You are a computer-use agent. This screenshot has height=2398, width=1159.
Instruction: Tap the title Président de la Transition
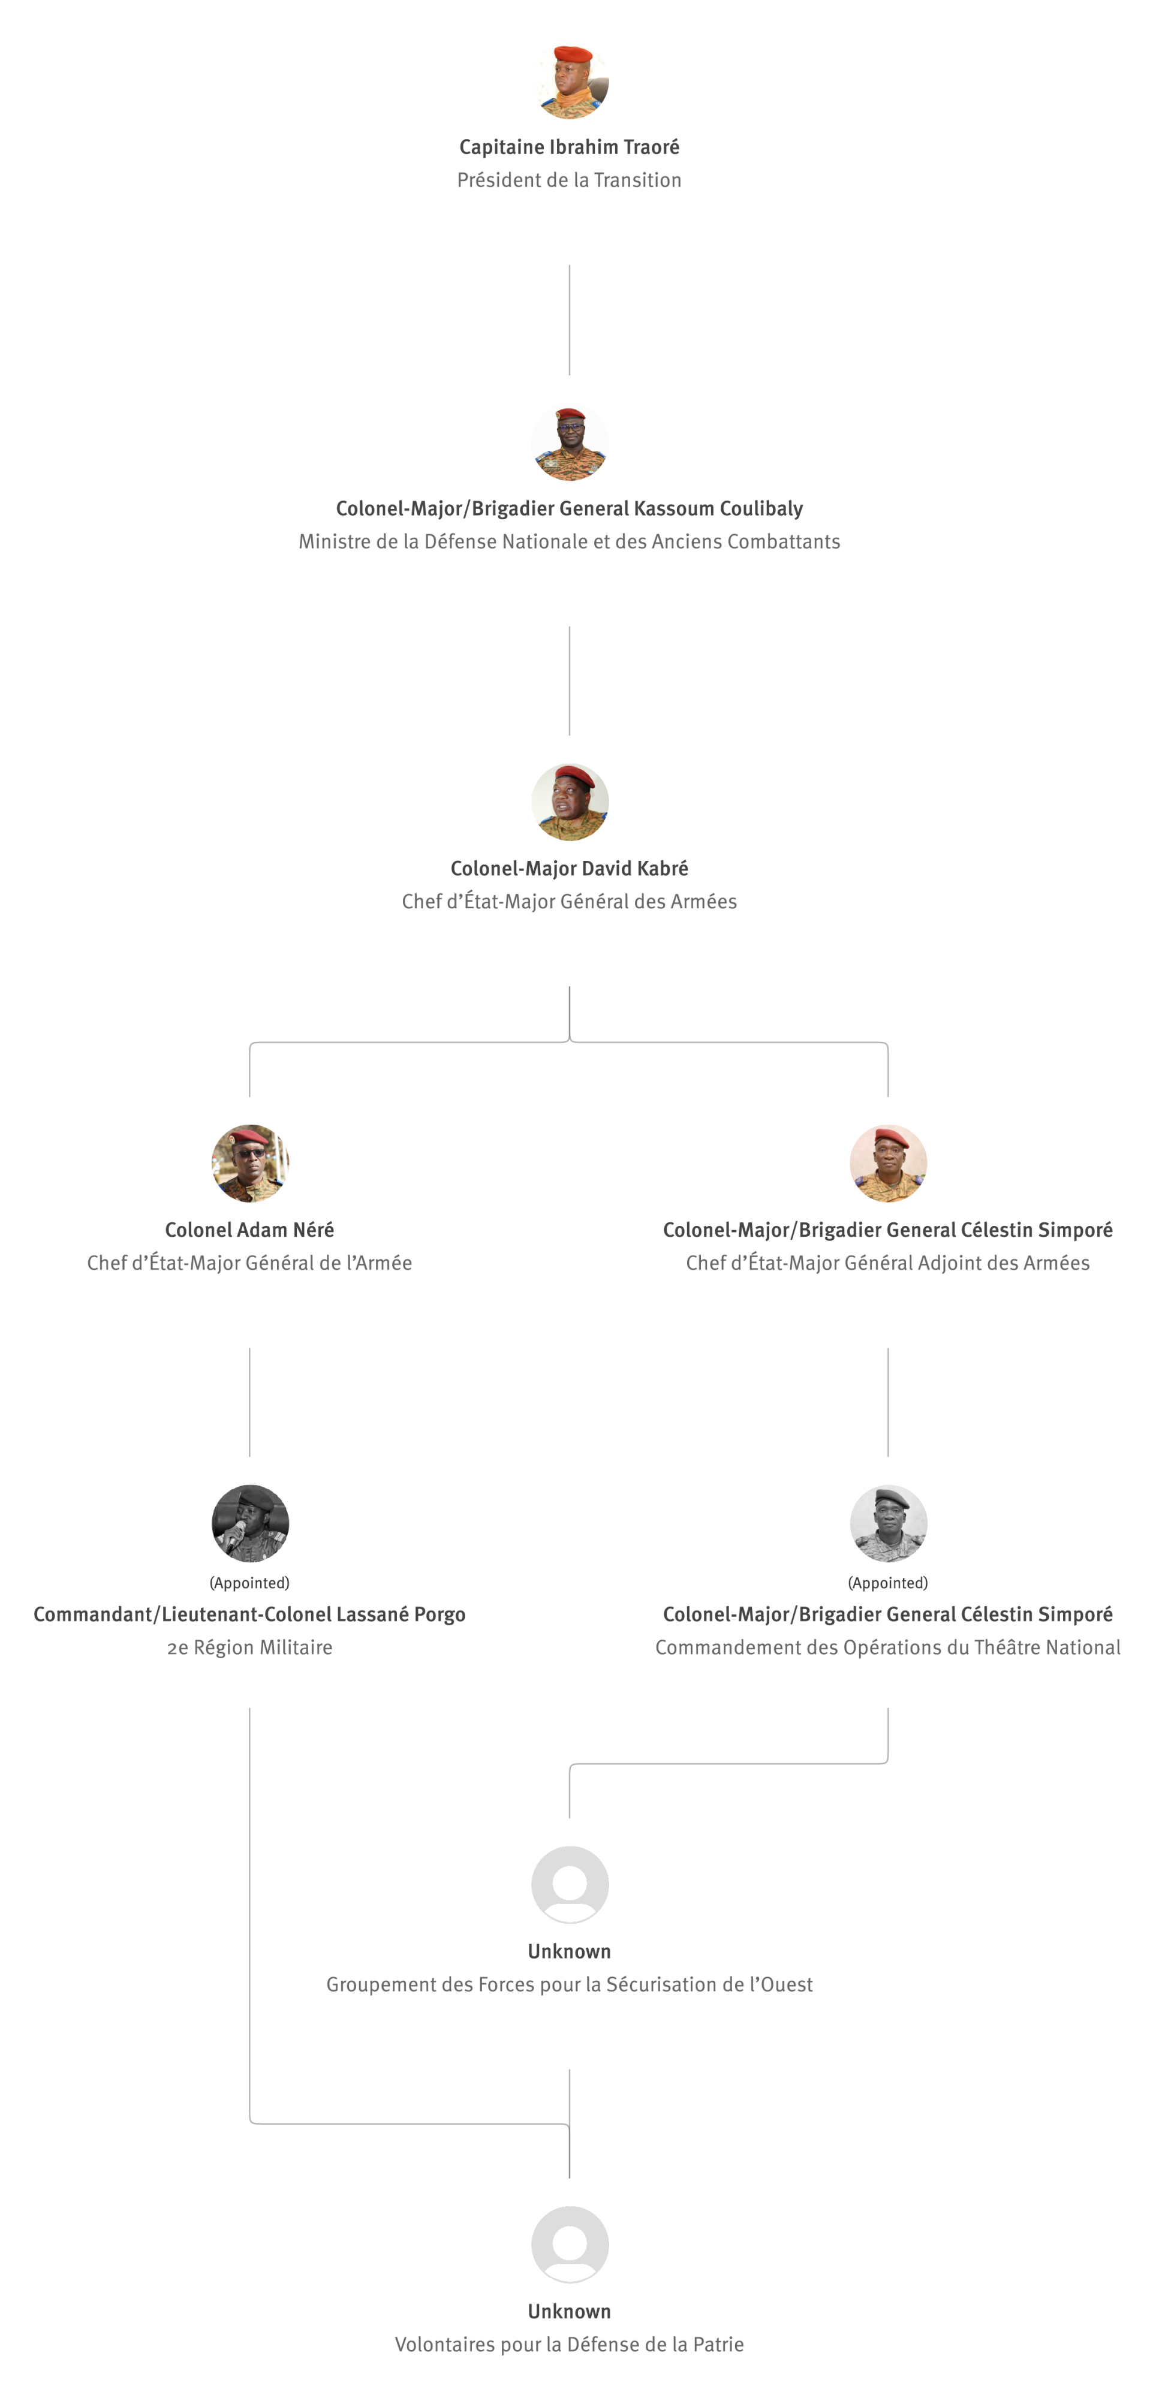pyautogui.click(x=570, y=180)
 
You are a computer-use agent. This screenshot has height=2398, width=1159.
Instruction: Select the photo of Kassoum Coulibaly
pyautogui.click(x=570, y=442)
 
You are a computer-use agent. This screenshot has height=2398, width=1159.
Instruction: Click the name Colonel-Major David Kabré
pyautogui.click(x=570, y=869)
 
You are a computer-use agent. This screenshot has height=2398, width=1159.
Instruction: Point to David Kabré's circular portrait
pyautogui.click(x=570, y=803)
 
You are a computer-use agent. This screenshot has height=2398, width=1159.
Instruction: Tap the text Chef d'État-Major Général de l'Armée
pyautogui.click(x=249, y=1263)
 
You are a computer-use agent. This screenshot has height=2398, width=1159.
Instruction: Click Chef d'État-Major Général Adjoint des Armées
pyautogui.click(x=888, y=1263)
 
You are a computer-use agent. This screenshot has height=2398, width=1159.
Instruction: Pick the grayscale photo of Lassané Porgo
pyautogui.click(x=249, y=1523)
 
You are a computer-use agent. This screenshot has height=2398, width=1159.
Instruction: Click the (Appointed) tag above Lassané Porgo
pyautogui.click(x=249, y=1583)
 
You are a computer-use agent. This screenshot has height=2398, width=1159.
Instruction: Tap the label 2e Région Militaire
pyautogui.click(x=249, y=1647)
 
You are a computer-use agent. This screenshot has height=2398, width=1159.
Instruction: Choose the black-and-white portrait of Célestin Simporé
pyautogui.click(x=888, y=1523)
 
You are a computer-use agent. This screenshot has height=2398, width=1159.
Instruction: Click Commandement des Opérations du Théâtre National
pyautogui.click(x=888, y=1647)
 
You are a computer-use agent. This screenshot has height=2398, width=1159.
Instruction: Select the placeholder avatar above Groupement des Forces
pyautogui.click(x=570, y=1884)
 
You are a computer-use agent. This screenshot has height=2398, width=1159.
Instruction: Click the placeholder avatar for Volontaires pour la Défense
pyautogui.click(x=570, y=2245)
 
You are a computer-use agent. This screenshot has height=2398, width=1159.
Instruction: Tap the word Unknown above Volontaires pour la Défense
pyautogui.click(x=570, y=2312)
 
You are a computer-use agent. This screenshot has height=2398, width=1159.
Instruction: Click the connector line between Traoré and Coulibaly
pyautogui.click(x=570, y=320)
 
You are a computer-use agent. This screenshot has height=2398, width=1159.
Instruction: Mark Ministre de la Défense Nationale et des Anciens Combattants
pyautogui.click(x=570, y=542)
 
